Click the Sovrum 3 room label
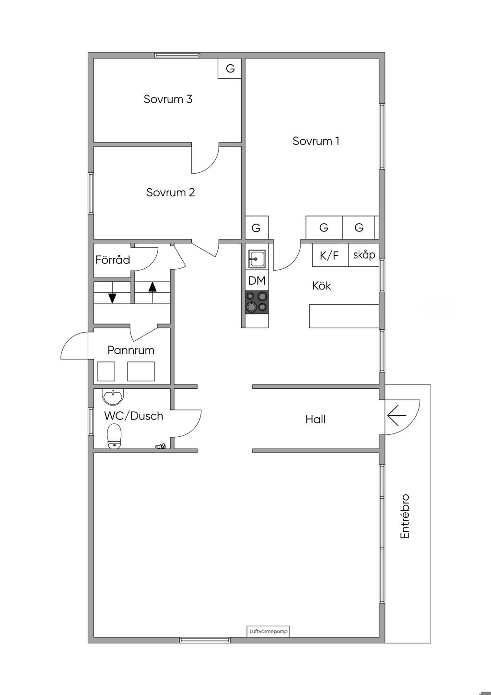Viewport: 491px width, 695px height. pos(168,99)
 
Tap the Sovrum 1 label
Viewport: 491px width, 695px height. pos(316,141)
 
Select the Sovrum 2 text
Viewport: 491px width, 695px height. pos(170,192)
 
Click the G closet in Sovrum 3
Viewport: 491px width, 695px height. pos(230,68)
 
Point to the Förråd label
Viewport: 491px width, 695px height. pos(113,260)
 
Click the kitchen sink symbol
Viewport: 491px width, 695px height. pos(257,259)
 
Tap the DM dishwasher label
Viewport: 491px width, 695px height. pos(257,281)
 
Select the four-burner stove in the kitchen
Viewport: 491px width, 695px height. pos(257,302)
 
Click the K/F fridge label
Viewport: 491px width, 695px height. pos(329,255)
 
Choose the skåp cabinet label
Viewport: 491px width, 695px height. pos(364,254)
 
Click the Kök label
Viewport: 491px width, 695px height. pos(321,286)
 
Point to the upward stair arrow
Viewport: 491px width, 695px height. pos(152,287)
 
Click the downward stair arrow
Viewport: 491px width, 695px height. pos(112,298)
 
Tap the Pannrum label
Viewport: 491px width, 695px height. pos(131,350)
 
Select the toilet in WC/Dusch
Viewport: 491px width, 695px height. pos(115,436)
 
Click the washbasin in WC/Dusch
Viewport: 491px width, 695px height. pos(113,396)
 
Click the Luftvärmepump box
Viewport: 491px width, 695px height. pos(269,632)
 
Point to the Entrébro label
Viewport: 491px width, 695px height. pos(405,516)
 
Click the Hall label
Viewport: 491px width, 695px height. pos(316,419)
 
